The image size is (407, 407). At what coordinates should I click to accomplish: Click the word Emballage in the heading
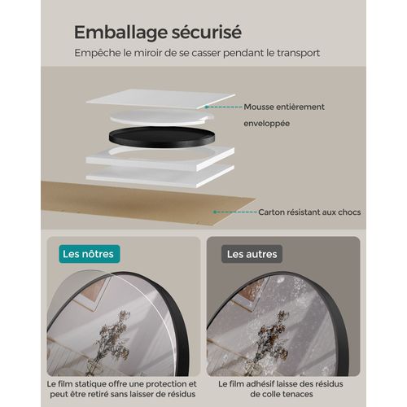[x=120, y=33]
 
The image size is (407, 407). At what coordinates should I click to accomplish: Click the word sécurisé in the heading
[x=207, y=32]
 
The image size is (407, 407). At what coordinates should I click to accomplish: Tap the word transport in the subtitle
[x=299, y=53]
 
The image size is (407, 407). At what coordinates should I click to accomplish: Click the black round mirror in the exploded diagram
[x=162, y=138]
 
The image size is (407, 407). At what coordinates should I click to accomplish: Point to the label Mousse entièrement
[x=284, y=107]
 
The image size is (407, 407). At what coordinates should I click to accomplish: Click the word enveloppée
[x=267, y=124]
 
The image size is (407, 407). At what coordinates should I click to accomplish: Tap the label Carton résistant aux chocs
[x=309, y=212]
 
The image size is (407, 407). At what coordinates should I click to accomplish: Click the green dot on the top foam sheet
[x=207, y=107]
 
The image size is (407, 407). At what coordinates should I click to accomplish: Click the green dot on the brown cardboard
[x=215, y=212]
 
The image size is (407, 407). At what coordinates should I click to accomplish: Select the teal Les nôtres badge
[x=90, y=254]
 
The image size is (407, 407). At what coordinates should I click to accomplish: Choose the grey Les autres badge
[x=252, y=254]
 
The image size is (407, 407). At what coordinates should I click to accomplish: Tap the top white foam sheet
[x=161, y=98]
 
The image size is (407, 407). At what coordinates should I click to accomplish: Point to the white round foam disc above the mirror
[x=162, y=117]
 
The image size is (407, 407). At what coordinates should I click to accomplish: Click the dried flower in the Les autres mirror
[x=271, y=342]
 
